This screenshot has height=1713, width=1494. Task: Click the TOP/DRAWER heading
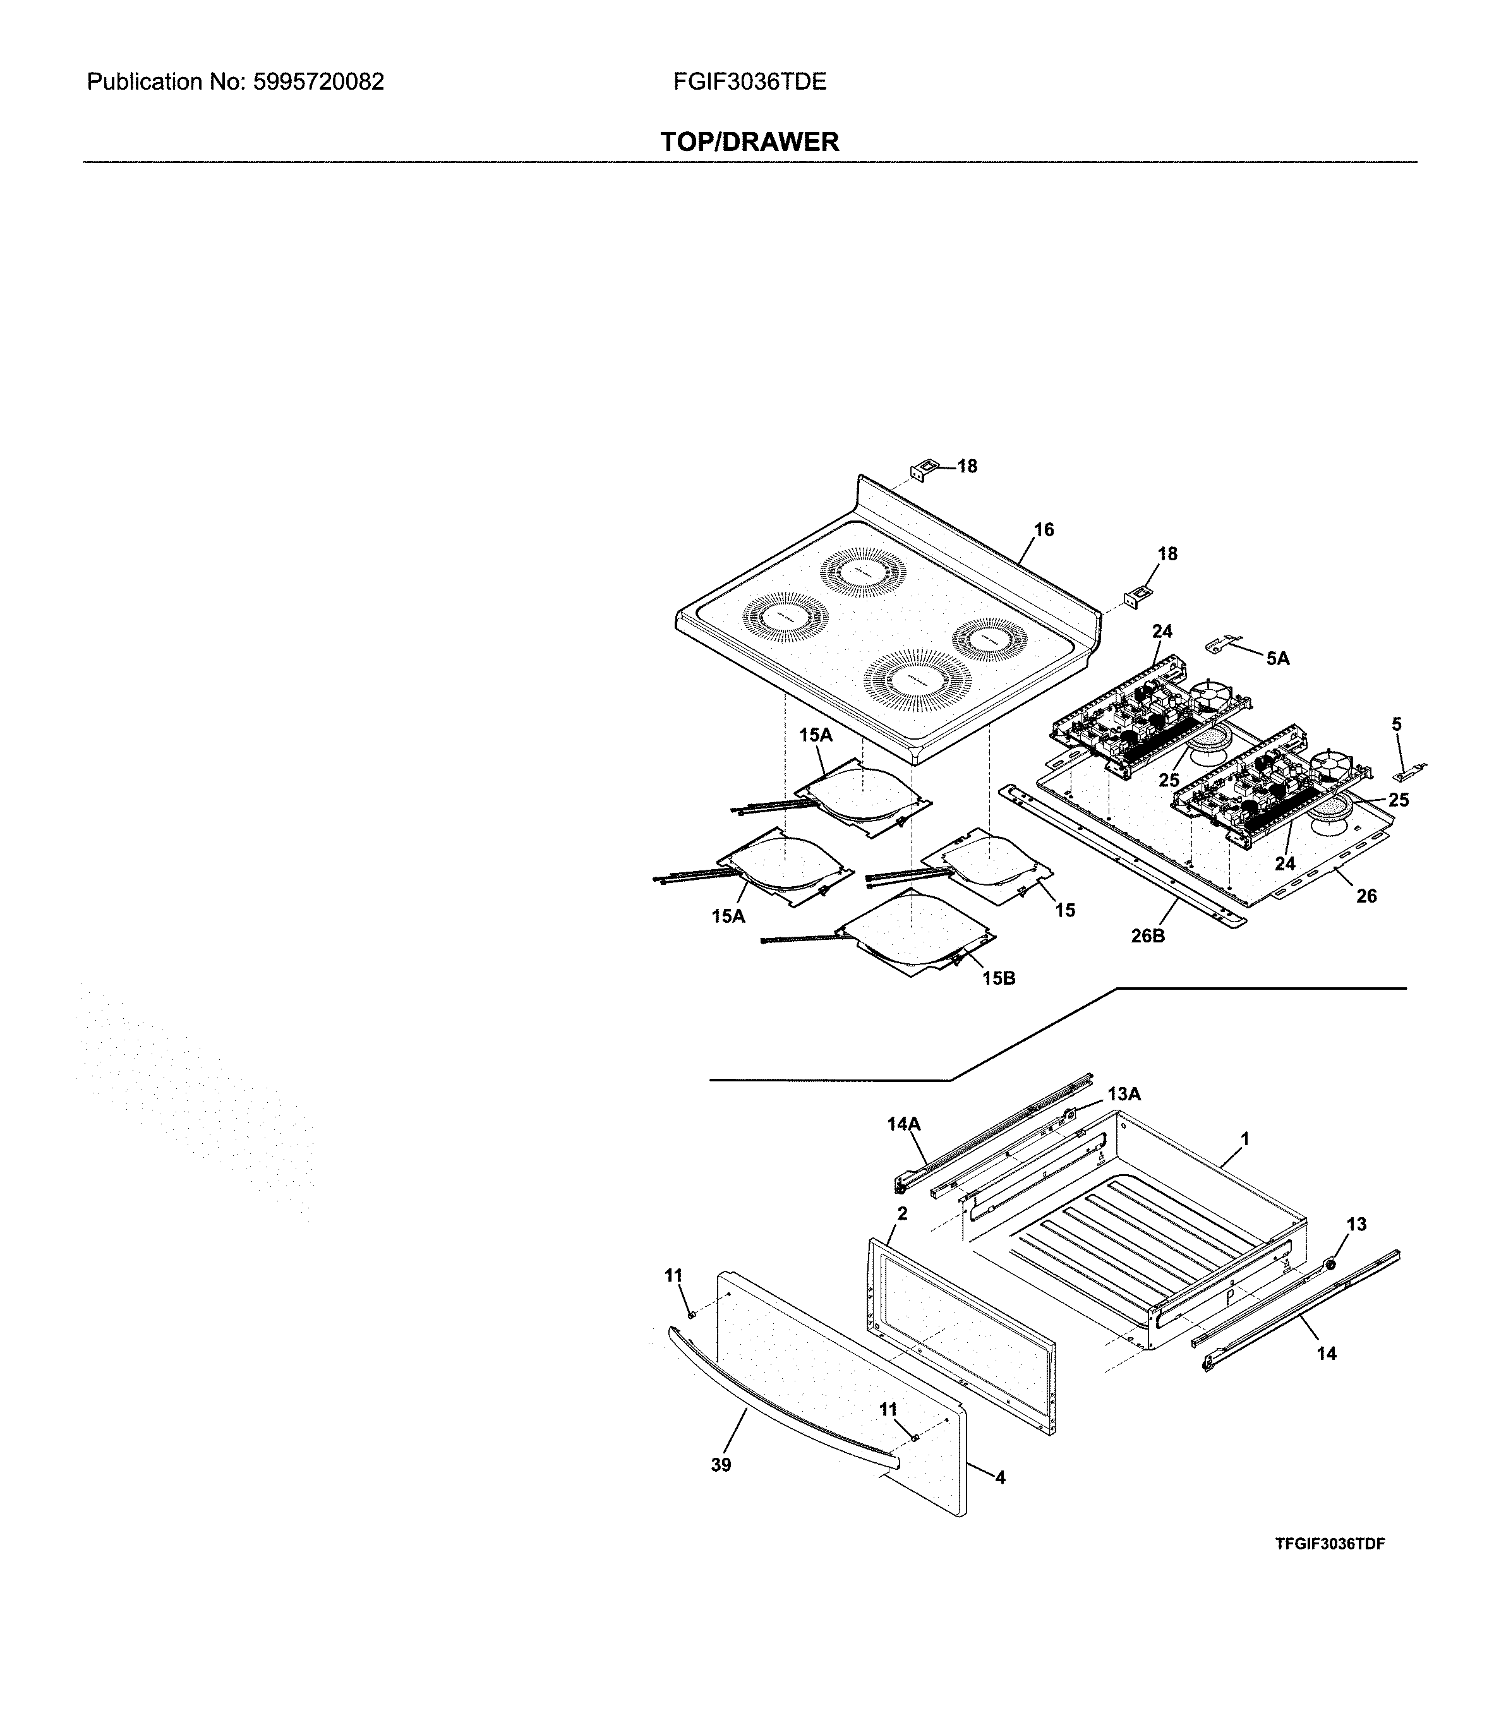tap(749, 141)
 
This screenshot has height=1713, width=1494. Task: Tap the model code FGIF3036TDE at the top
tap(749, 81)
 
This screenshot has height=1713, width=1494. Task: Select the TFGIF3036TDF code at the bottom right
tap(1329, 1544)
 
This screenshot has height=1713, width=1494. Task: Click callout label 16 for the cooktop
tap(1044, 530)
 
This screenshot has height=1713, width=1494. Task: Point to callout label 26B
tap(1147, 936)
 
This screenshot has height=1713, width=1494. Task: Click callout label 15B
tap(998, 978)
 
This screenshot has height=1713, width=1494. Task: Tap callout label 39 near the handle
tap(721, 1465)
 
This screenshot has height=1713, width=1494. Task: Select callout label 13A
tap(1123, 1093)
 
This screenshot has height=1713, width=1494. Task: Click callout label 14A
tap(904, 1124)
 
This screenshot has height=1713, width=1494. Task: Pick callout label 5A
tap(1277, 659)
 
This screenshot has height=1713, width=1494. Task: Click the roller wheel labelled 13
tap(1330, 1265)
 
